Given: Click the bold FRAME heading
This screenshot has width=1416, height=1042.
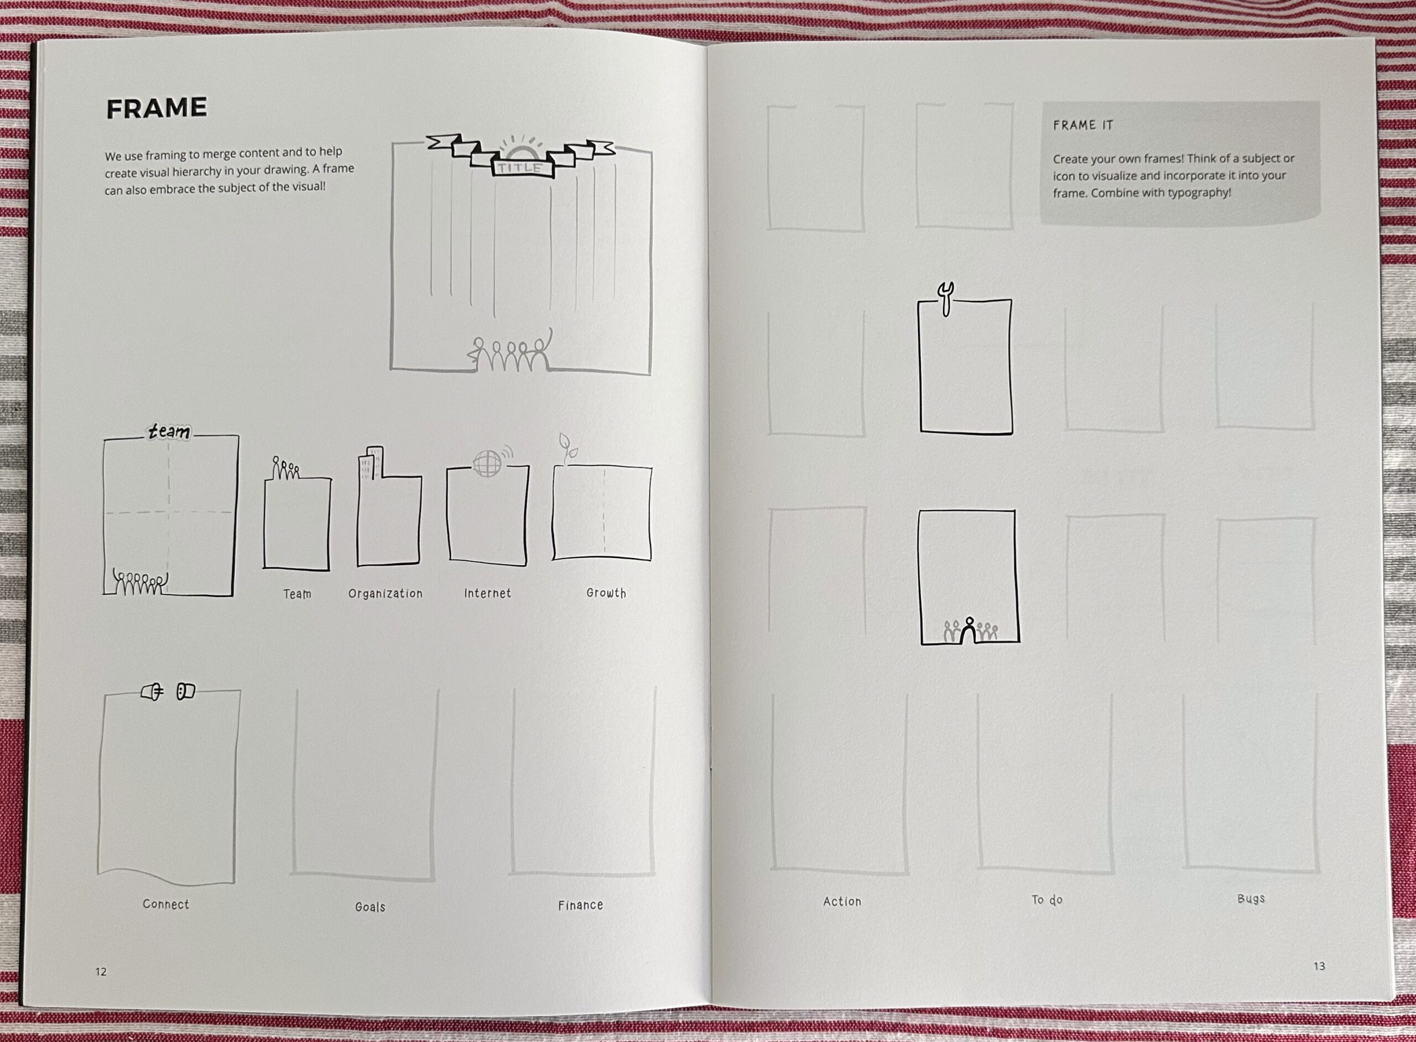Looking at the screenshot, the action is pyautogui.click(x=157, y=108).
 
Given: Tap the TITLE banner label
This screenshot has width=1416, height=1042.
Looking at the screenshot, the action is pyautogui.click(x=520, y=168).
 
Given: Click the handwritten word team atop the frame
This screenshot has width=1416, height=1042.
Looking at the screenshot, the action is pyautogui.click(x=168, y=432).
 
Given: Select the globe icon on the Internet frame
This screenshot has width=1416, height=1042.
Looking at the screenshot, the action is pyautogui.click(x=487, y=463).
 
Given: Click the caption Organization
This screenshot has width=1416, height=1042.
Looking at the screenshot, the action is pyautogui.click(x=386, y=593).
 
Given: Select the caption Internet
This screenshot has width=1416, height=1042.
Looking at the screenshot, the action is pyautogui.click(x=487, y=593).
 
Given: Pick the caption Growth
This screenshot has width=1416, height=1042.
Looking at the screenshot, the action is pyautogui.click(x=606, y=593).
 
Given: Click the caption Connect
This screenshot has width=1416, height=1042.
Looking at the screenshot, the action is pyautogui.click(x=166, y=904).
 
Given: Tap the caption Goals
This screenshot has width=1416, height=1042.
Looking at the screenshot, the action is pyautogui.click(x=370, y=906).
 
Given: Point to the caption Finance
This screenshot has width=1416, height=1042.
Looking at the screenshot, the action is pyautogui.click(x=580, y=905).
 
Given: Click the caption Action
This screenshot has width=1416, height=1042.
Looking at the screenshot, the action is pyautogui.click(x=842, y=902).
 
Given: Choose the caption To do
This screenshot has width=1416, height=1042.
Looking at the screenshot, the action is pyautogui.click(x=1047, y=900).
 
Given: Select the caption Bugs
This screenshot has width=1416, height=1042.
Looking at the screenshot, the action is pyautogui.click(x=1251, y=898).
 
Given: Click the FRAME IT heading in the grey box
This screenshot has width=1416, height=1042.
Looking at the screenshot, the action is pyautogui.click(x=1083, y=125).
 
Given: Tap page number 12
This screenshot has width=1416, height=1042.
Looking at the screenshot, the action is pyautogui.click(x=101, y=971).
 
